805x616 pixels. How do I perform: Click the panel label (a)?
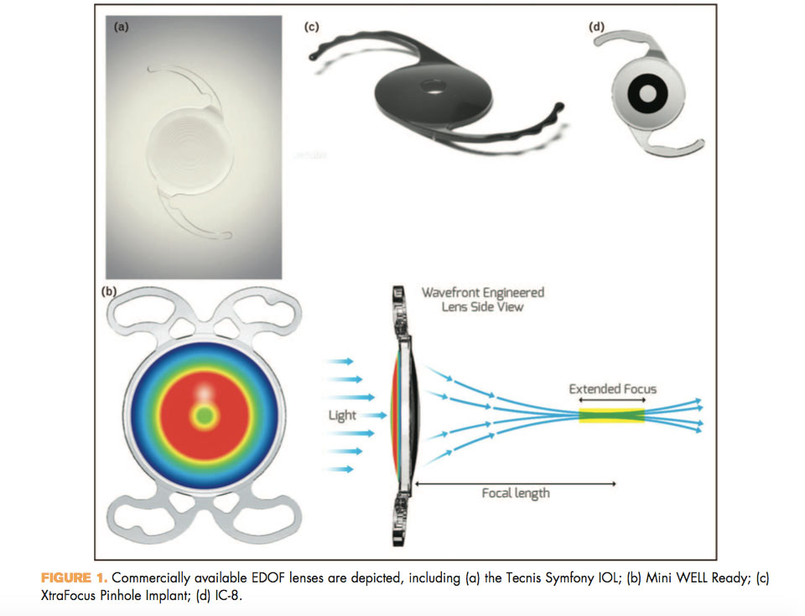121,27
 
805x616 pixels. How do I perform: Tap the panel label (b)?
109,291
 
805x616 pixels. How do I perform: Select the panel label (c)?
312,27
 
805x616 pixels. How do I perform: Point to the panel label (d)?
596,27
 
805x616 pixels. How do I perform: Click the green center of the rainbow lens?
205,415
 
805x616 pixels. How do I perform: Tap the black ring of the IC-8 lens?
635,94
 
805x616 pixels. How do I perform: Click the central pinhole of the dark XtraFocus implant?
434,86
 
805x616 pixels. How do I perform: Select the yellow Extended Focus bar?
611,415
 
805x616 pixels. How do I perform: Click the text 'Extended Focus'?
612,389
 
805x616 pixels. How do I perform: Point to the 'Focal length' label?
516,493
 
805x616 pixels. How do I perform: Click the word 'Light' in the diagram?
342,415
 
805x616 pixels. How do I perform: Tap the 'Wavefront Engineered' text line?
483,292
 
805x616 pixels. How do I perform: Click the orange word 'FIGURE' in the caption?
66,578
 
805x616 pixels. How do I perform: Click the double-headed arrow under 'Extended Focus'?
612,399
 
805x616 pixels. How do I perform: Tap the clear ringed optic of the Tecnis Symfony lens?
190,152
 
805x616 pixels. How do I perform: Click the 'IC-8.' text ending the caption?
228,596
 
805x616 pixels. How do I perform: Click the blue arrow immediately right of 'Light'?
377,415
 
